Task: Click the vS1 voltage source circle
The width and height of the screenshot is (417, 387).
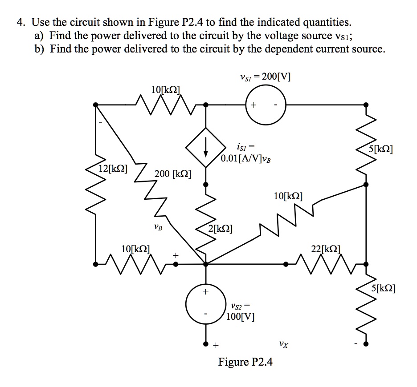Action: point(266,105)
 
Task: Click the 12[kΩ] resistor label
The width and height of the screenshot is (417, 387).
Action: point(113,169)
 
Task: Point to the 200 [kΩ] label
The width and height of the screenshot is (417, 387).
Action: point(173,173)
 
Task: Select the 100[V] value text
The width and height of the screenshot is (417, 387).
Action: point(241,317)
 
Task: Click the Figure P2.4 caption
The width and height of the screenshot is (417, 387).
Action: point(245,362)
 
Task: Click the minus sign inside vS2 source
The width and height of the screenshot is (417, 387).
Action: point(205,313)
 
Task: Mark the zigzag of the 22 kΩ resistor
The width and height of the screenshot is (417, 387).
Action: point(325,263)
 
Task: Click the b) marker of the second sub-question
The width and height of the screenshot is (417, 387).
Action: point(40,48)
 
